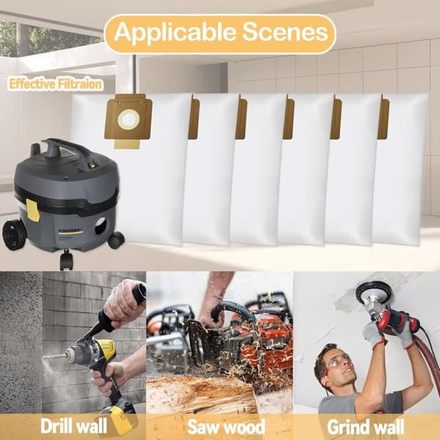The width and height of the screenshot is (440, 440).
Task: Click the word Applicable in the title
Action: (175, 32)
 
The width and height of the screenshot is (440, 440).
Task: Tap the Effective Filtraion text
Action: (55, 84)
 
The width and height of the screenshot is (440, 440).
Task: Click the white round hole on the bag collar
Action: (128, 120)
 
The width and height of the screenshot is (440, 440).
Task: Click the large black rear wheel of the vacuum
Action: (14, 235)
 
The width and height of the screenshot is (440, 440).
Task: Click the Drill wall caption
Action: (74, 426)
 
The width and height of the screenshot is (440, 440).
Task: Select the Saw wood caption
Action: (226, 427)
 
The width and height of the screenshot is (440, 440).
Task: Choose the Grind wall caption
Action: (365, 427)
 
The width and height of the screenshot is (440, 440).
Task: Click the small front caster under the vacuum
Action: (66, 260)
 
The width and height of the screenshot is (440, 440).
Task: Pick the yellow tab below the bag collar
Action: (127, 144)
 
